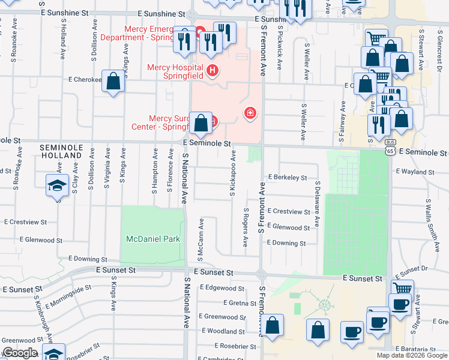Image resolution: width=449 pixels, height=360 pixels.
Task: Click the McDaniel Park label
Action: [152, 239]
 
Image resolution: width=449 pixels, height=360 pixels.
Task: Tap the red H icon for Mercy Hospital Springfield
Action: [211, 71]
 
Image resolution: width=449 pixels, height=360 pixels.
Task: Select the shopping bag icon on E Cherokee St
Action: [113, 82]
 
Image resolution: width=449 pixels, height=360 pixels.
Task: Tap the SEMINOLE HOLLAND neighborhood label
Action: [60, 151]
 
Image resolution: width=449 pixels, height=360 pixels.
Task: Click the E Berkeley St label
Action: [288, 178]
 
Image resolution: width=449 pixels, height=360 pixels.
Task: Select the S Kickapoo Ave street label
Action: [232, 174]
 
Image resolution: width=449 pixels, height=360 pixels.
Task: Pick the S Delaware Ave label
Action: [318, 203]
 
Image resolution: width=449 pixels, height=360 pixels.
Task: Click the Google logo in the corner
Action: [20, 353]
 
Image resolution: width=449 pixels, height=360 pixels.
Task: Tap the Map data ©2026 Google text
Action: [411, 355]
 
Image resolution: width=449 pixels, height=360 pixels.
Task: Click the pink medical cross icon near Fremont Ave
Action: [250, 113]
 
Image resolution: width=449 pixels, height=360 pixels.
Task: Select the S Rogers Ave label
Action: [246, 227]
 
